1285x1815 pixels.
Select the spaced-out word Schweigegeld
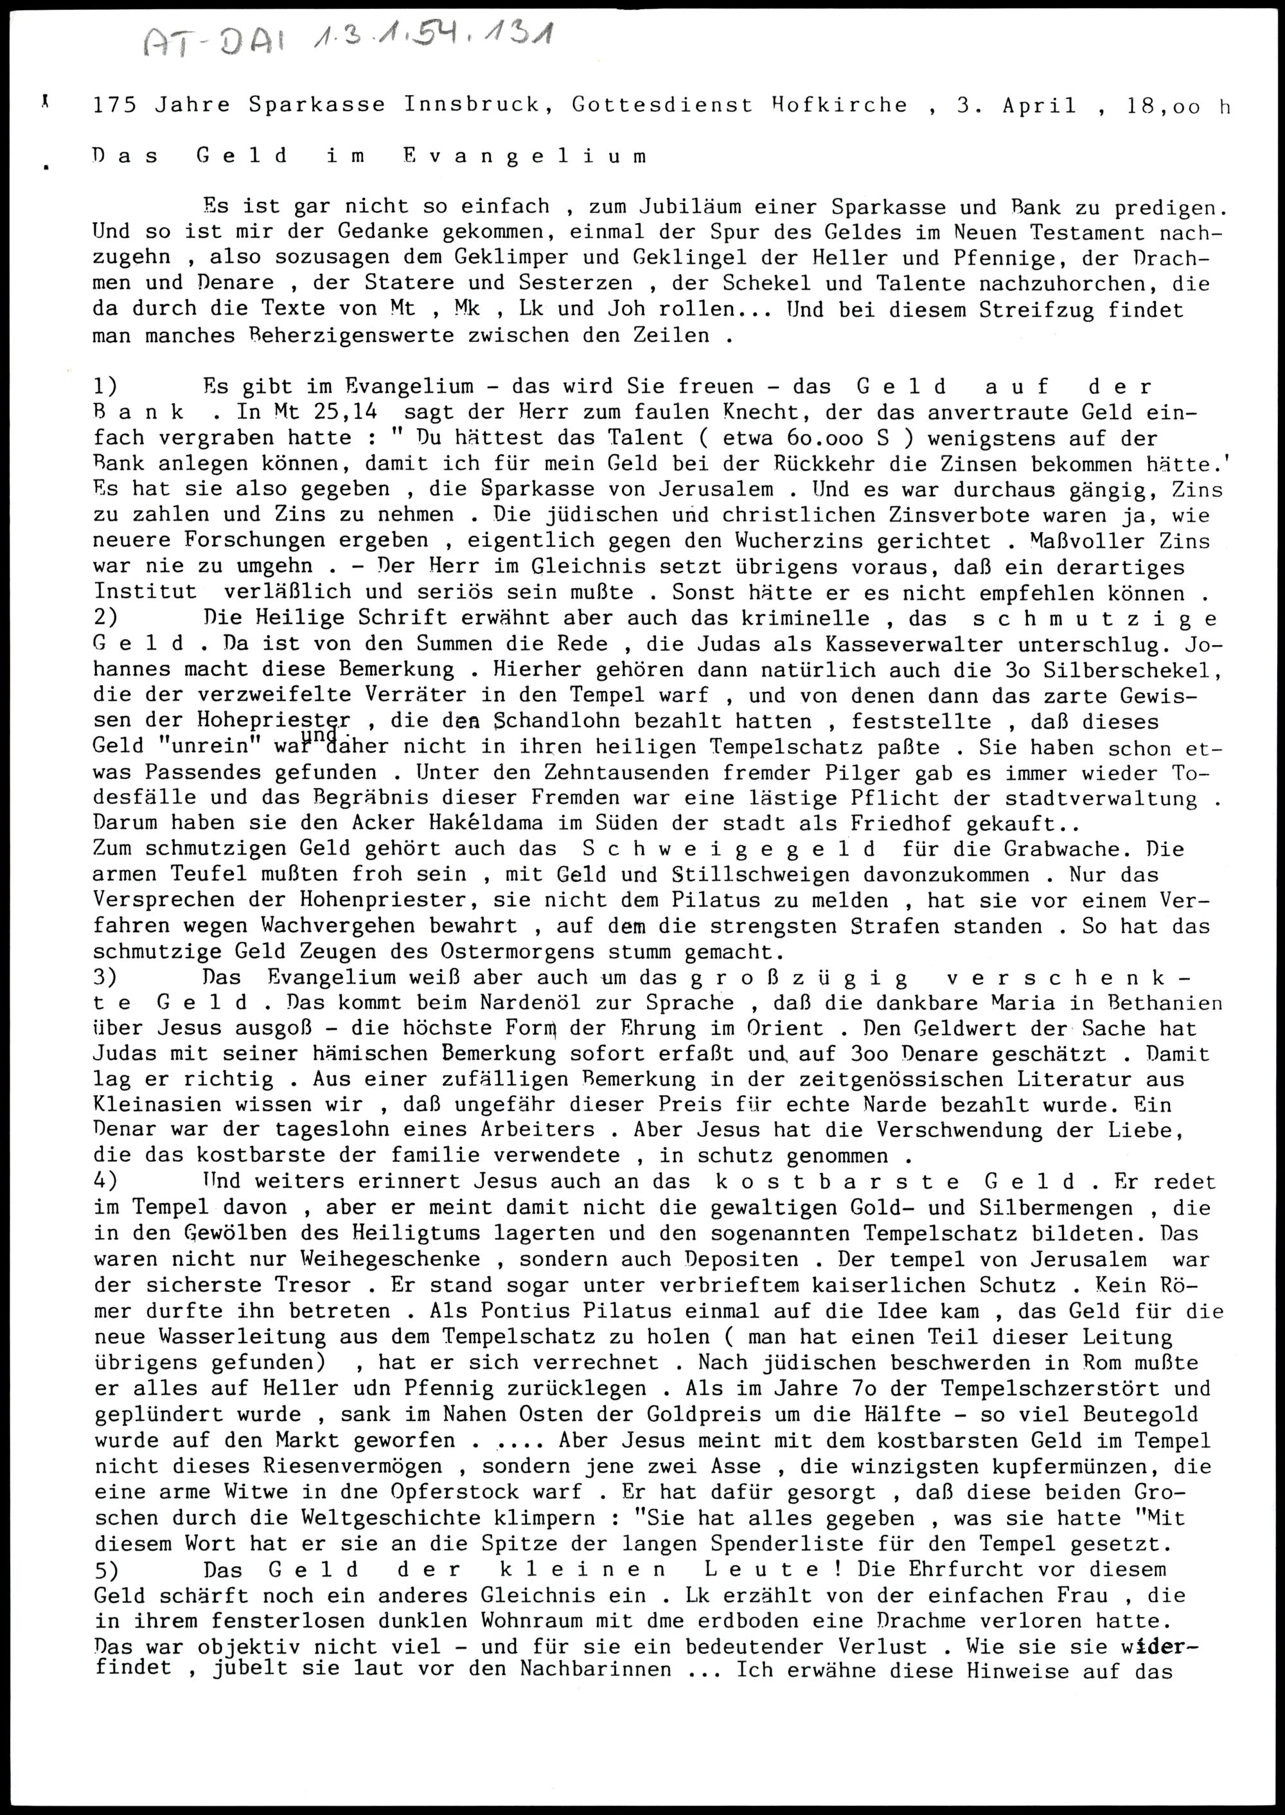tap(728, 849)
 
